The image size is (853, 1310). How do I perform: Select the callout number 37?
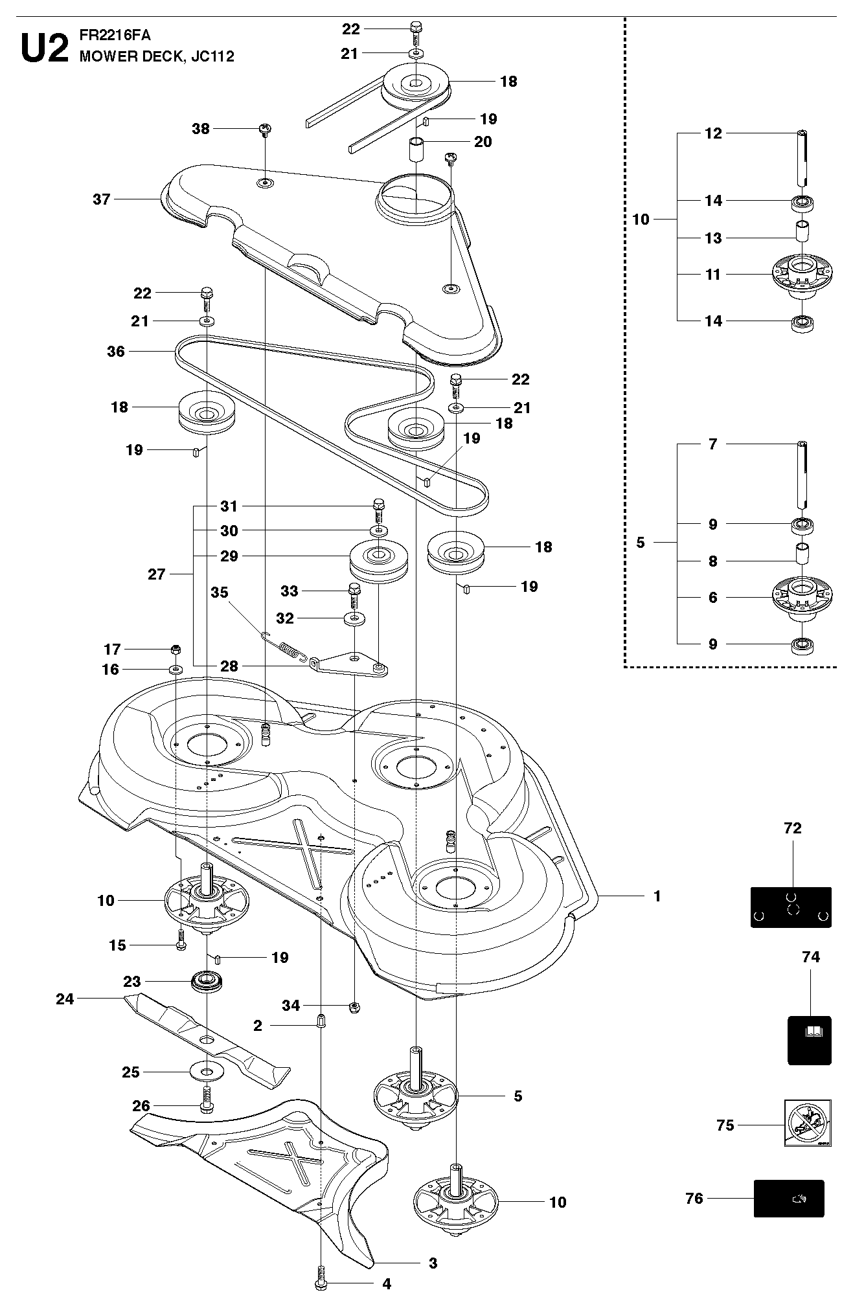point(102,199)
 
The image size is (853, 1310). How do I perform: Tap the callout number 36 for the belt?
point(116,352)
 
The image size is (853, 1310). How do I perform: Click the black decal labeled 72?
point(791,907)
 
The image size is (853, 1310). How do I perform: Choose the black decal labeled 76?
point(789,1199)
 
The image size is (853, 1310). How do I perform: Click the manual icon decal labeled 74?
point(810,1041)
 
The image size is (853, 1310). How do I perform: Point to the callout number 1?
point(657,896)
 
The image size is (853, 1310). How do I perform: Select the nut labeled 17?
point(175,649)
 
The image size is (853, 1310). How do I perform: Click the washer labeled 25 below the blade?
point(207,1072)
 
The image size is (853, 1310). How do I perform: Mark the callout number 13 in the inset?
point(713,238)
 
